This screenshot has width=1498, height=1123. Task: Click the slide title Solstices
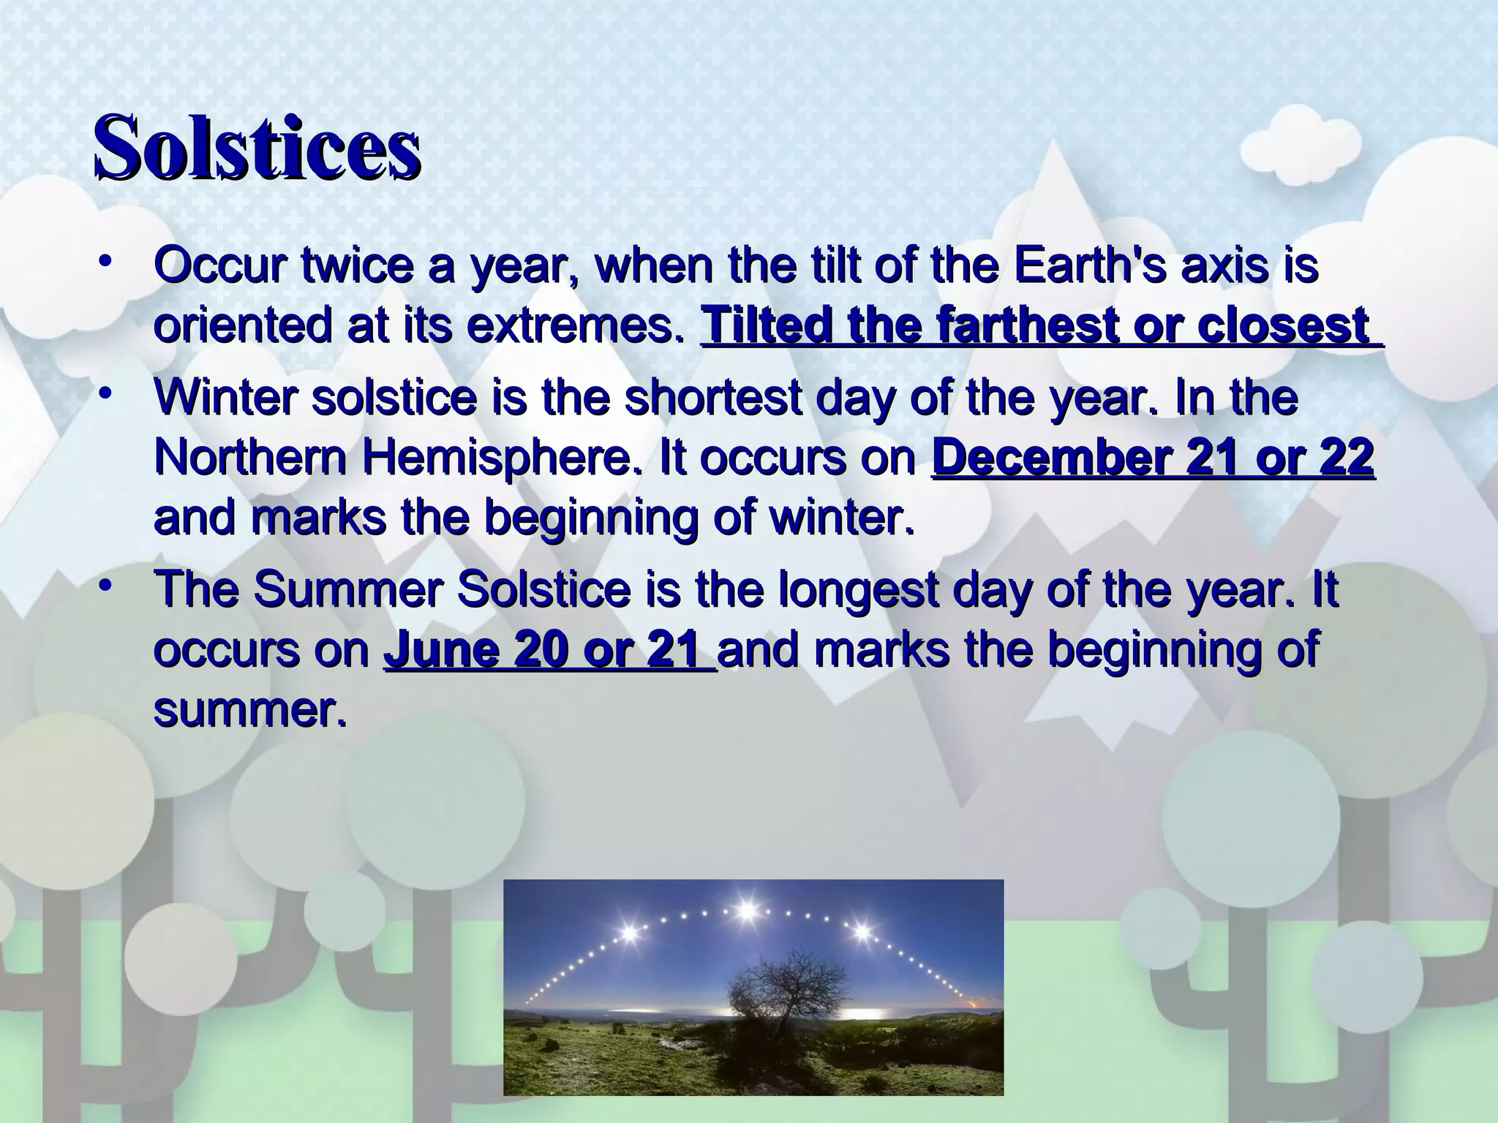pyautogui.click(x=256, y=148)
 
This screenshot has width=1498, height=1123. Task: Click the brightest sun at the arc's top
pyautogui.click(x=746, y=911)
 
